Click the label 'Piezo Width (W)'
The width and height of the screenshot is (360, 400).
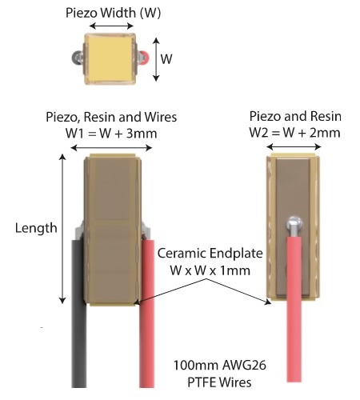click(111, 13)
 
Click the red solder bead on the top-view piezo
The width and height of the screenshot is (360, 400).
click(142, 58)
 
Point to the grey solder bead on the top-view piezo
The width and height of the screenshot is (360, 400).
click(78, 58)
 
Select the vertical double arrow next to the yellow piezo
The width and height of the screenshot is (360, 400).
click(155, 60)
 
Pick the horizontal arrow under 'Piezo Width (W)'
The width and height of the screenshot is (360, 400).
click(111, 27)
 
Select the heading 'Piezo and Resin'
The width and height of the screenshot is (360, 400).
click(295, 116)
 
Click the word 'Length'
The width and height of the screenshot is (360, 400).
click(36, 228)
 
